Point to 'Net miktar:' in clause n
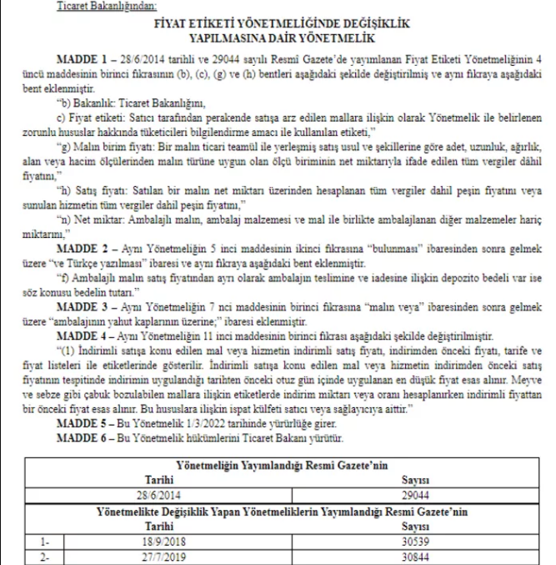101,224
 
